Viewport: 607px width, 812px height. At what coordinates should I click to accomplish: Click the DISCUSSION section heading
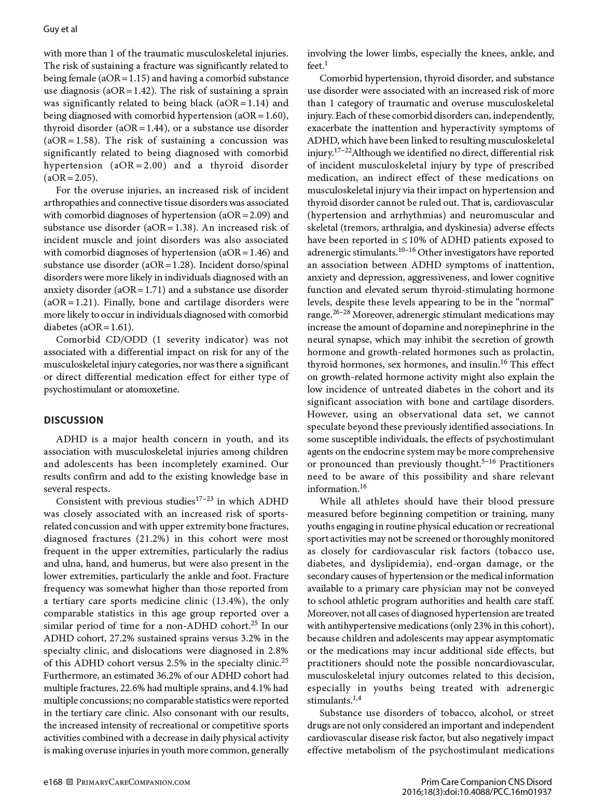pos(73,420)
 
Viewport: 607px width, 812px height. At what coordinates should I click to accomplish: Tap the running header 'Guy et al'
pos(60,29)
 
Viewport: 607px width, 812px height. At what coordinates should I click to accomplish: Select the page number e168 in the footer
pos(53,782)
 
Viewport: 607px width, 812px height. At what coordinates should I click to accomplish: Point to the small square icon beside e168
pos(71,782)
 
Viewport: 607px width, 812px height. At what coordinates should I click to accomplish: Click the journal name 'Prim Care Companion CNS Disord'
pos(486,782)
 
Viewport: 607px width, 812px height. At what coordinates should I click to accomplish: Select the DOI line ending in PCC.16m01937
pos(476,792)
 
